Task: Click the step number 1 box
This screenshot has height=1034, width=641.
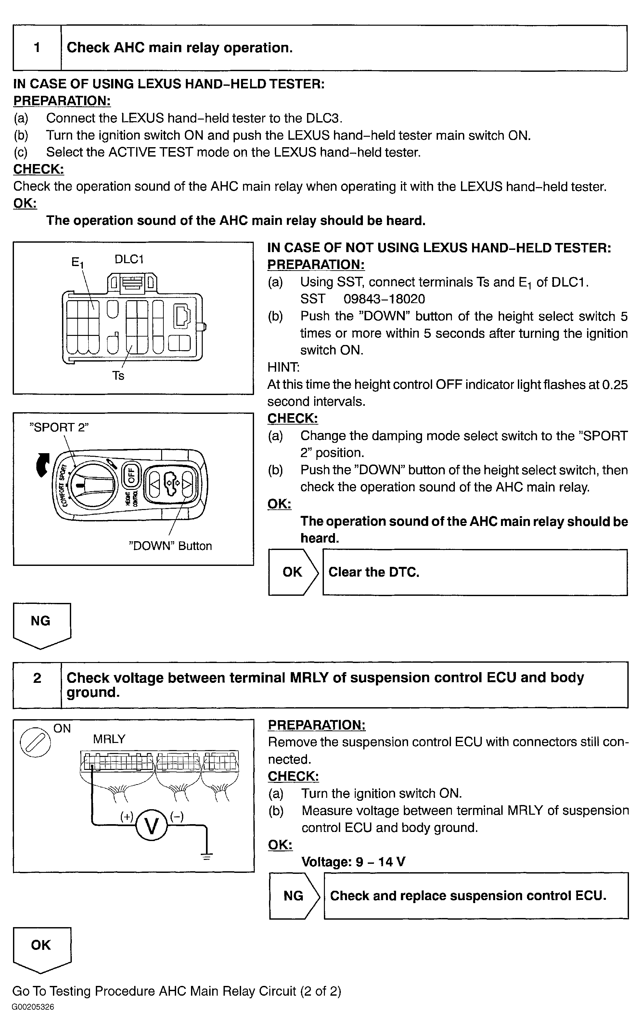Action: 37,47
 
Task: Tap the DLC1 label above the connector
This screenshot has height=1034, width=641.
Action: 129,259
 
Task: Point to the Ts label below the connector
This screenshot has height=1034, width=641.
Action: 118,376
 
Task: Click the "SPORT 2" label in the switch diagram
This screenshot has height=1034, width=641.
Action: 59,427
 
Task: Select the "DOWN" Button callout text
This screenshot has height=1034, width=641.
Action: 170,545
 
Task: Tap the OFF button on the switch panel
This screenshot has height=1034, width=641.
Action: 131,475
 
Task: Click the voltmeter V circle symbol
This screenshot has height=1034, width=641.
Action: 151,825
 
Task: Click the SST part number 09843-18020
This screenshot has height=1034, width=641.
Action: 384,299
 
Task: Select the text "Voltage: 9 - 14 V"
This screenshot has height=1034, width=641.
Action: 353,862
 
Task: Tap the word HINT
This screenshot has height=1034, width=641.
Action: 283,367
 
